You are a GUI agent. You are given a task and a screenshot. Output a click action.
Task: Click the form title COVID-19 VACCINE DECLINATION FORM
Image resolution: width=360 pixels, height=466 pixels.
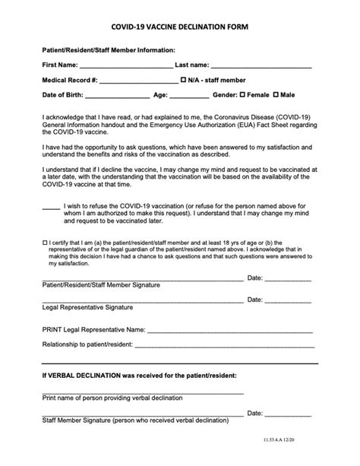pyautogui.click(x=179, y=26)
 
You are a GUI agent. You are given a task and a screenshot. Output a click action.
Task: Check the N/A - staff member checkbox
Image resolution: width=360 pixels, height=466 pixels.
pyautogui.click(x=183, y=80)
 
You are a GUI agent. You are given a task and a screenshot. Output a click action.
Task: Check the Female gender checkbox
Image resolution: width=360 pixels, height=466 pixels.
pyautogui.click(x=242, y=96)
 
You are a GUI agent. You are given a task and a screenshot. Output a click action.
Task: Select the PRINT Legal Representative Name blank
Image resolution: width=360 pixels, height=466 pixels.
pyautogui.click(x=229, y=332)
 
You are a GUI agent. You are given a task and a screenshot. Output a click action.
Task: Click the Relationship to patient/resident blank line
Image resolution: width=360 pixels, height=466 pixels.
pyautogui.click(x=224, y=346)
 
